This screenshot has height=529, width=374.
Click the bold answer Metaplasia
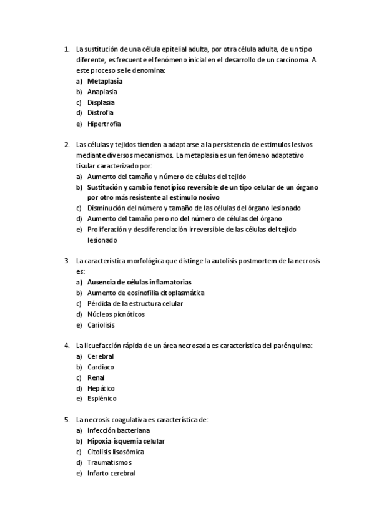[x=104, y=81]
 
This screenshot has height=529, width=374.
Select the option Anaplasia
[x=102, y=92]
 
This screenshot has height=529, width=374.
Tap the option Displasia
[x=101, y=102]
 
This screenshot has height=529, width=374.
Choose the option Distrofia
[x=100, y=113]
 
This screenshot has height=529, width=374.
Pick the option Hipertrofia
[x=104, y=124]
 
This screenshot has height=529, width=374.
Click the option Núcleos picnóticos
[x=116, y=314]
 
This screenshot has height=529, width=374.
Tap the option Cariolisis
[x=101, y=325]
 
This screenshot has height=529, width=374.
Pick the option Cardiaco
[x=101, y=367]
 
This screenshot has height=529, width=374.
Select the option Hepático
[x=101, y=388]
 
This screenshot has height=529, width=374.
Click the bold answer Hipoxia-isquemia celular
[x=125, y=441]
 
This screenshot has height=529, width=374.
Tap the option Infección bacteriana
[x=118, y=430]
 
